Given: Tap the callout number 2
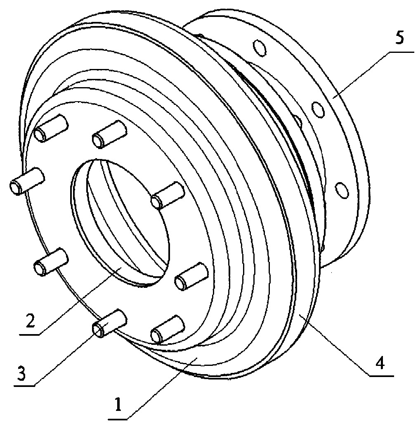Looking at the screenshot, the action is (x=30, y=320).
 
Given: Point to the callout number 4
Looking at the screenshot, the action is (x=380, y=363).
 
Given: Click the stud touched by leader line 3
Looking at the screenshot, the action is (x=109, y=323).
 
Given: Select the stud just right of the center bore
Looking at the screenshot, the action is (x=168, y=195).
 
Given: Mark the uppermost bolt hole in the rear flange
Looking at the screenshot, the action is (x=260, y=48).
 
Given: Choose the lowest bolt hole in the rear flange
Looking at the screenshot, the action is (x=342, y=190).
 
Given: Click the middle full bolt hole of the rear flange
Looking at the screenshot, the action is (x=318, y=109).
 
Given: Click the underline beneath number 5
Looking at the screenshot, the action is (x=401, y=52).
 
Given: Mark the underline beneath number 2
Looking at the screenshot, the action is (x=29, y=334).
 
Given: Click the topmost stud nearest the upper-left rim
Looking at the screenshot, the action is (x=51, y=128).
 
